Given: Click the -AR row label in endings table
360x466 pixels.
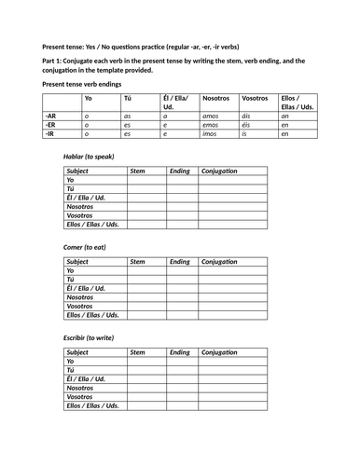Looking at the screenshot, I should click(x=51, y=115).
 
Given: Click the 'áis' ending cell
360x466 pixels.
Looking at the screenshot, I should click(x=248, y=115).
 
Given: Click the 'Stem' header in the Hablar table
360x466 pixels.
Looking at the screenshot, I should click(x=137, y=171).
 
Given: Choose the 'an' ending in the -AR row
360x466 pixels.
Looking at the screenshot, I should click(x=284, y=115).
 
